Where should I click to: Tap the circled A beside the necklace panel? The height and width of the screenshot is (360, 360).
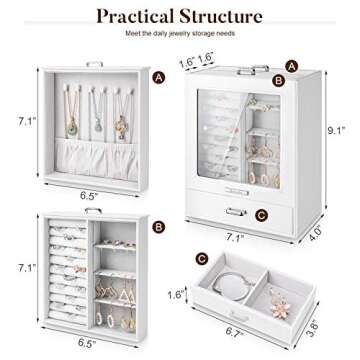coord(158,77)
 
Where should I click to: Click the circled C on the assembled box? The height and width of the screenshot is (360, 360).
coord(260,212)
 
